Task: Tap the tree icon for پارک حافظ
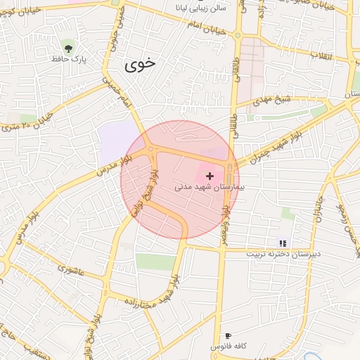[68, 49]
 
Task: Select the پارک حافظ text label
[71, 60]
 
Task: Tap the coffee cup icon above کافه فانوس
[227, 336]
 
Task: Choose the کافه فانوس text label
[226, 348]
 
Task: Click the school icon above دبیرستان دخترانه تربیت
[283, 243]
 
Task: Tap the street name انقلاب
[331, 56]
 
